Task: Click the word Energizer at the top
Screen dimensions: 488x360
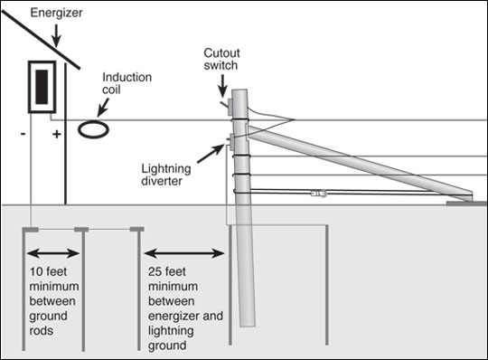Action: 56,13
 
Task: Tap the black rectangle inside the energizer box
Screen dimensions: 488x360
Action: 42,87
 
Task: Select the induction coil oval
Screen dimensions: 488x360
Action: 93,129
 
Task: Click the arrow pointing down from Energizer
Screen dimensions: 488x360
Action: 56,35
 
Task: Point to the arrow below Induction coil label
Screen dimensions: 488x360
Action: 103,108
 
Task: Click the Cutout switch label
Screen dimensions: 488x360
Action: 221,59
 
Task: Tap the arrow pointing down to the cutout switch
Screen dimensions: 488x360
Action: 222,86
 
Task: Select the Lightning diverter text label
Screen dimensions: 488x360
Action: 166,175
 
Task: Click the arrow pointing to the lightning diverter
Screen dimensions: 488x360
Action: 211,154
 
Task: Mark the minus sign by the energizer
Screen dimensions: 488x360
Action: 23,134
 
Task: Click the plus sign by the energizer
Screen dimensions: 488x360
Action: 57,134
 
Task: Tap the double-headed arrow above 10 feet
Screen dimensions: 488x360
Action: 53,253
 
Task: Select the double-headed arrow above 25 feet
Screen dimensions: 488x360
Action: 184,253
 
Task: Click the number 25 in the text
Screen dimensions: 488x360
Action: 154,271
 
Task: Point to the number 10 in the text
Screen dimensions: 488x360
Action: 36,271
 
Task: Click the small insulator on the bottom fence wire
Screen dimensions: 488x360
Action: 318,194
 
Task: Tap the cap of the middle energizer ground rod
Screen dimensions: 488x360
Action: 81,230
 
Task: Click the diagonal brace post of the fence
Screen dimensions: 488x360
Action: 360,163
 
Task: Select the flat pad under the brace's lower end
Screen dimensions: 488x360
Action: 466,204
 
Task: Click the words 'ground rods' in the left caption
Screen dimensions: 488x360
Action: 48,323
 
